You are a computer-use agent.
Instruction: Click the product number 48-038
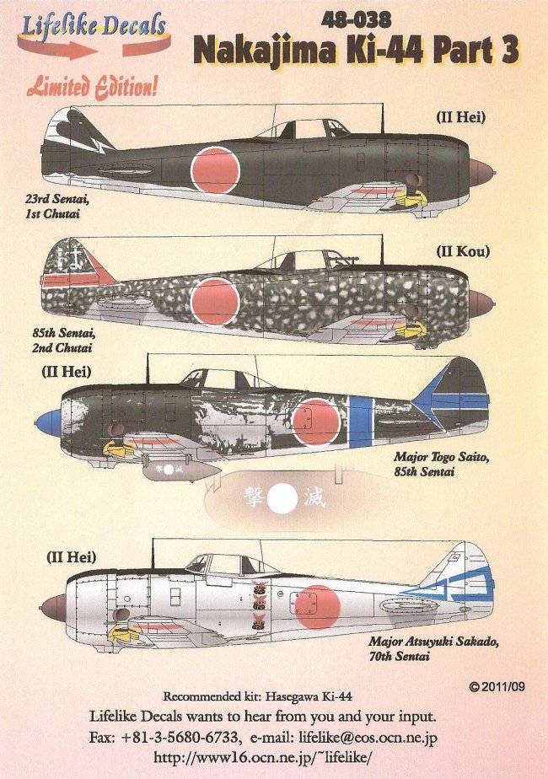tap(357, 17)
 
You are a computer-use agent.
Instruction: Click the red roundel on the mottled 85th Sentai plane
tap(215, 301)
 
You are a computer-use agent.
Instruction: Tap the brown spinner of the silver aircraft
tap(52, 606)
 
